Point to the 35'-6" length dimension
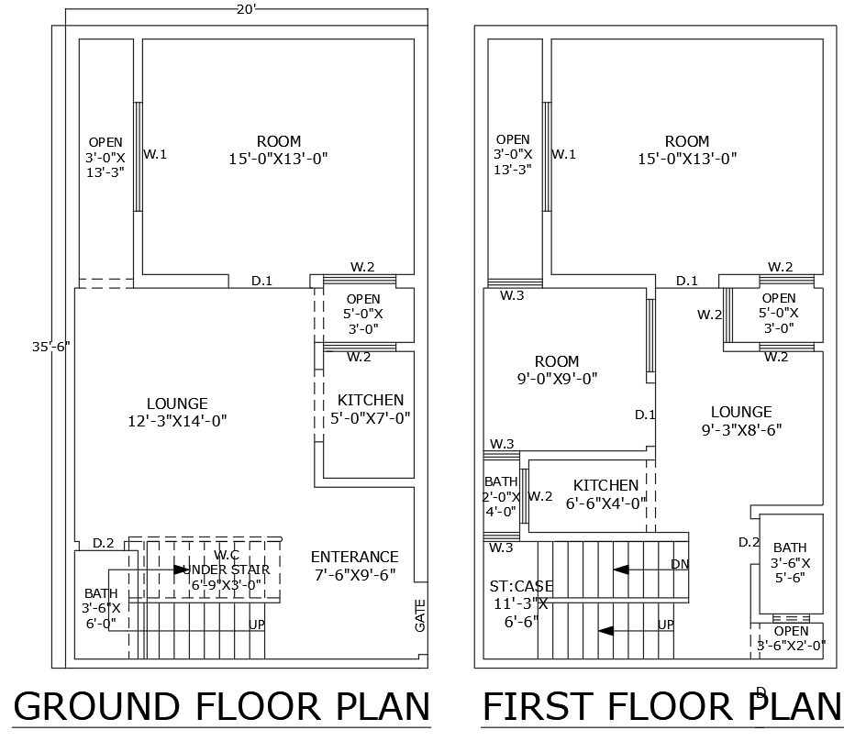(50, 347)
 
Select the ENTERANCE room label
(354, 566)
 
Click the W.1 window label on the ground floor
(155, 154)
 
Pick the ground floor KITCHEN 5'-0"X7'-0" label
(370, 409)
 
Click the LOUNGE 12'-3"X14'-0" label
(177, 412)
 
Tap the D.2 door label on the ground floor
(103, 544)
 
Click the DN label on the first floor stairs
(680, 564)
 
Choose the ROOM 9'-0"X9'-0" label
(557, 370)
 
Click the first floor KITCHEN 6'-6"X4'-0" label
(605, 493)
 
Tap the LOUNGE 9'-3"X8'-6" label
(741, 420)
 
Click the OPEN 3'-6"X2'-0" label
(791, 638)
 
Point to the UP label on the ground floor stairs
(257, 624)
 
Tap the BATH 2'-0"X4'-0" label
(501, 496)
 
